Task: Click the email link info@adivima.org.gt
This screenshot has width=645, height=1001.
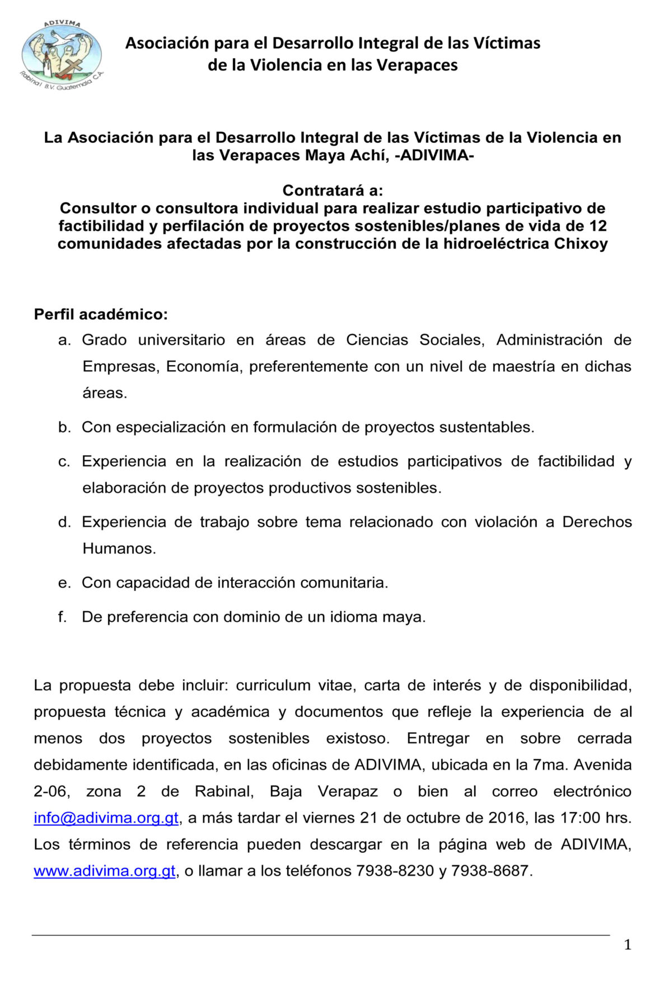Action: [x=106, y=818]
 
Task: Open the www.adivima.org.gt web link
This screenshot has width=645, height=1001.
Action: [x=105, y=871]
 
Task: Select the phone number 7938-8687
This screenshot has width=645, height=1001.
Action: [x=490, y=871]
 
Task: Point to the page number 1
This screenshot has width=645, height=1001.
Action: [x=628, y=945]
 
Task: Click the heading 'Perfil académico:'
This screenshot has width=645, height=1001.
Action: [x=101, y=314]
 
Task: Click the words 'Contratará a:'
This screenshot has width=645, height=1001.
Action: [x=333, y=190]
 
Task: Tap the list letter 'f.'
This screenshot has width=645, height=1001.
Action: [x=62, y=617]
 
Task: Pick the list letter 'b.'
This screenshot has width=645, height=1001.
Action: [x=64, y=427]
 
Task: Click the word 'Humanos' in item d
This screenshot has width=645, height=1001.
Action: [x=118, y=548]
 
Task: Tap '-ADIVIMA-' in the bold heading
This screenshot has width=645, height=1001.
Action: [x=434, y=155]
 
